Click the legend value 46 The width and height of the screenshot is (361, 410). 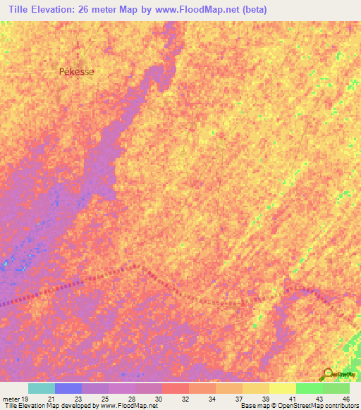345,398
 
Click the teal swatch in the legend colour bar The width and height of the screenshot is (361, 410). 41,388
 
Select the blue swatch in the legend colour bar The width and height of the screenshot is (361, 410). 68,388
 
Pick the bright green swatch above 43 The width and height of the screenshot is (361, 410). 309,388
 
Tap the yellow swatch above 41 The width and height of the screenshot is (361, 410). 282,388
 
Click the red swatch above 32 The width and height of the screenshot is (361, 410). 175,388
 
